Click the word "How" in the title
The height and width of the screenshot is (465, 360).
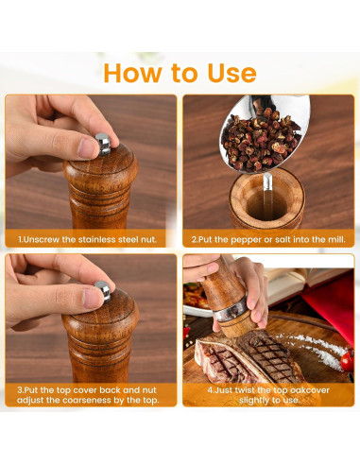[x=132, y=73]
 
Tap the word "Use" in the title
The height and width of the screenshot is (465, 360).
[x=231, y=73]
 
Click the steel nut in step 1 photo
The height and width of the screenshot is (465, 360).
[x=103, y=144]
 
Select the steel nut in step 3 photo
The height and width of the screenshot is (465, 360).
[x=103, y=290]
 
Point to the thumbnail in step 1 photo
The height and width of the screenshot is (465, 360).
[x=87, y=148]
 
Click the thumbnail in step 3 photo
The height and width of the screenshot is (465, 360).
[x=92, y=298]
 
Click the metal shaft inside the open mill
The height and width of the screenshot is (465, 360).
[x=267, y=196]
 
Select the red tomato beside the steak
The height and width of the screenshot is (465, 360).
[x=348, y=361]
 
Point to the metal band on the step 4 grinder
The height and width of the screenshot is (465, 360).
[x=231, y=309]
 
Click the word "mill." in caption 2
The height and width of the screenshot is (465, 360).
[x=336, y=240]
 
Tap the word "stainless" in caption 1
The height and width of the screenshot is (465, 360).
[x=96, y=240]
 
